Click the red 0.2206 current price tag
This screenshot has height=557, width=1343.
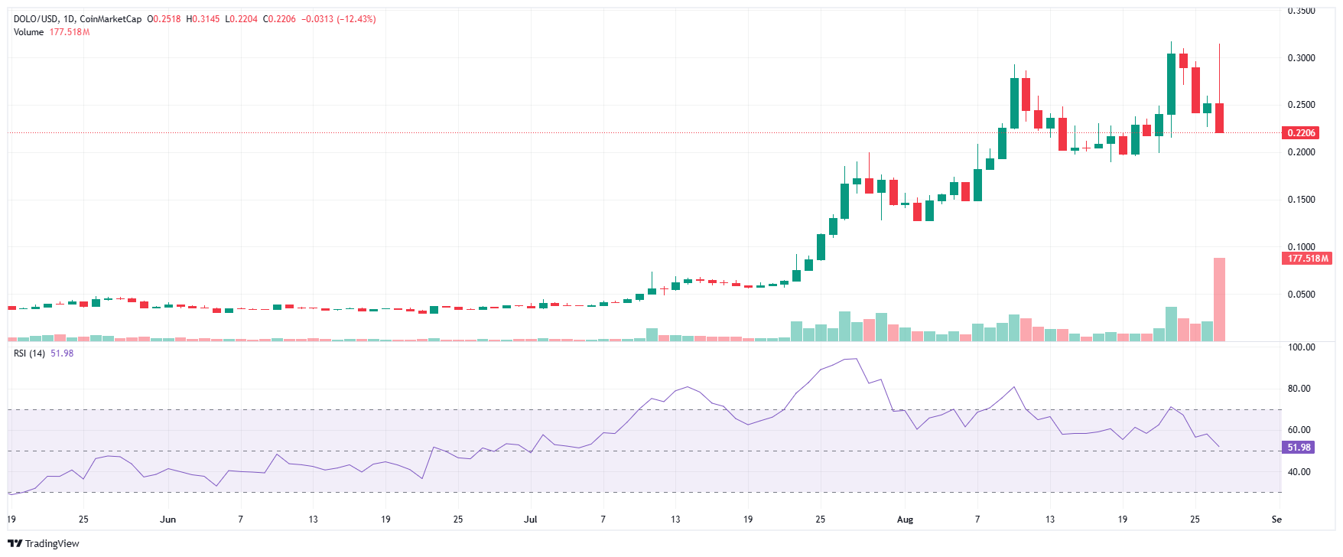[x=1301, y=133]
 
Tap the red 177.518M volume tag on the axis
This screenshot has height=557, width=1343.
[x=1308, y=259]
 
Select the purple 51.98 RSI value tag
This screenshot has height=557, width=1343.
[x=1299, y=448]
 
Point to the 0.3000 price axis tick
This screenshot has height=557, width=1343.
[x=1301, y=58]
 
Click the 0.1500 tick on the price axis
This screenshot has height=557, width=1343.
[x=1301, y=200]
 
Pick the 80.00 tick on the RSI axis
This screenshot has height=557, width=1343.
[x=1299, y=389]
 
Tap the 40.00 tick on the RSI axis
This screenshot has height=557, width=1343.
[x=1299, y=472]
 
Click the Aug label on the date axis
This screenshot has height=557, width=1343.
[x=905, y=520]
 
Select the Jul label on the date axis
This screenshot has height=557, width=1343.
[x=530, y=520]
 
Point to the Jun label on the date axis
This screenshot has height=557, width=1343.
[x=168, y=520]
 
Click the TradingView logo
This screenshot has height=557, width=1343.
[x=44, y=543]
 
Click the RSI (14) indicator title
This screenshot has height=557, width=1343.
[x=29, y=353]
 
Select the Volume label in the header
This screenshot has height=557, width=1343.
[x=28, y=32]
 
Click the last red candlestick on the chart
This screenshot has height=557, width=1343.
[x=1219, y=118]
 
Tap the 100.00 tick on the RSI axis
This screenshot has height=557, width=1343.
[x=1301, y=347]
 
